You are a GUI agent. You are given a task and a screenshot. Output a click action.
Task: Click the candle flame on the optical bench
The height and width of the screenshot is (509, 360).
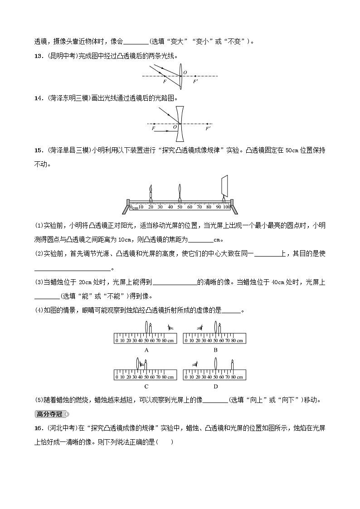(151, 188)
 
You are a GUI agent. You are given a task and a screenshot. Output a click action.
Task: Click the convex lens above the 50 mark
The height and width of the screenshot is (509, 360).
(180, 189)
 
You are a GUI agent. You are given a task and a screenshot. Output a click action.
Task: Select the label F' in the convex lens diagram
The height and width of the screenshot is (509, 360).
(195, 82)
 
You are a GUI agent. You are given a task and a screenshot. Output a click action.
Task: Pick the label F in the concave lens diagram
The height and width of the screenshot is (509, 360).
(154, 129)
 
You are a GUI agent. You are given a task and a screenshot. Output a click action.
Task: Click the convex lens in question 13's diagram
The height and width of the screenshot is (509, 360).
(181, 76)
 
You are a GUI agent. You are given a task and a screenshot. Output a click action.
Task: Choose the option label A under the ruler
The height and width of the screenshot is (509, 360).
(146, 350)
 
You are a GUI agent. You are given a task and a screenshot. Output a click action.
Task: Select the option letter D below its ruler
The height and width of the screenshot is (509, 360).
(215, 386)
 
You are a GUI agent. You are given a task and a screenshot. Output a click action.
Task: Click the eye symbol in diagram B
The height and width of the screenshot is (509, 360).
(199, 327)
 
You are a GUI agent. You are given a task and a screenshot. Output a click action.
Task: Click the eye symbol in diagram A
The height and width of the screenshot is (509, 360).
(170, 327)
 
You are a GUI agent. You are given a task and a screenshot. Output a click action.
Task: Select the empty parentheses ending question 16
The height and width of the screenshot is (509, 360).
(165, 443)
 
